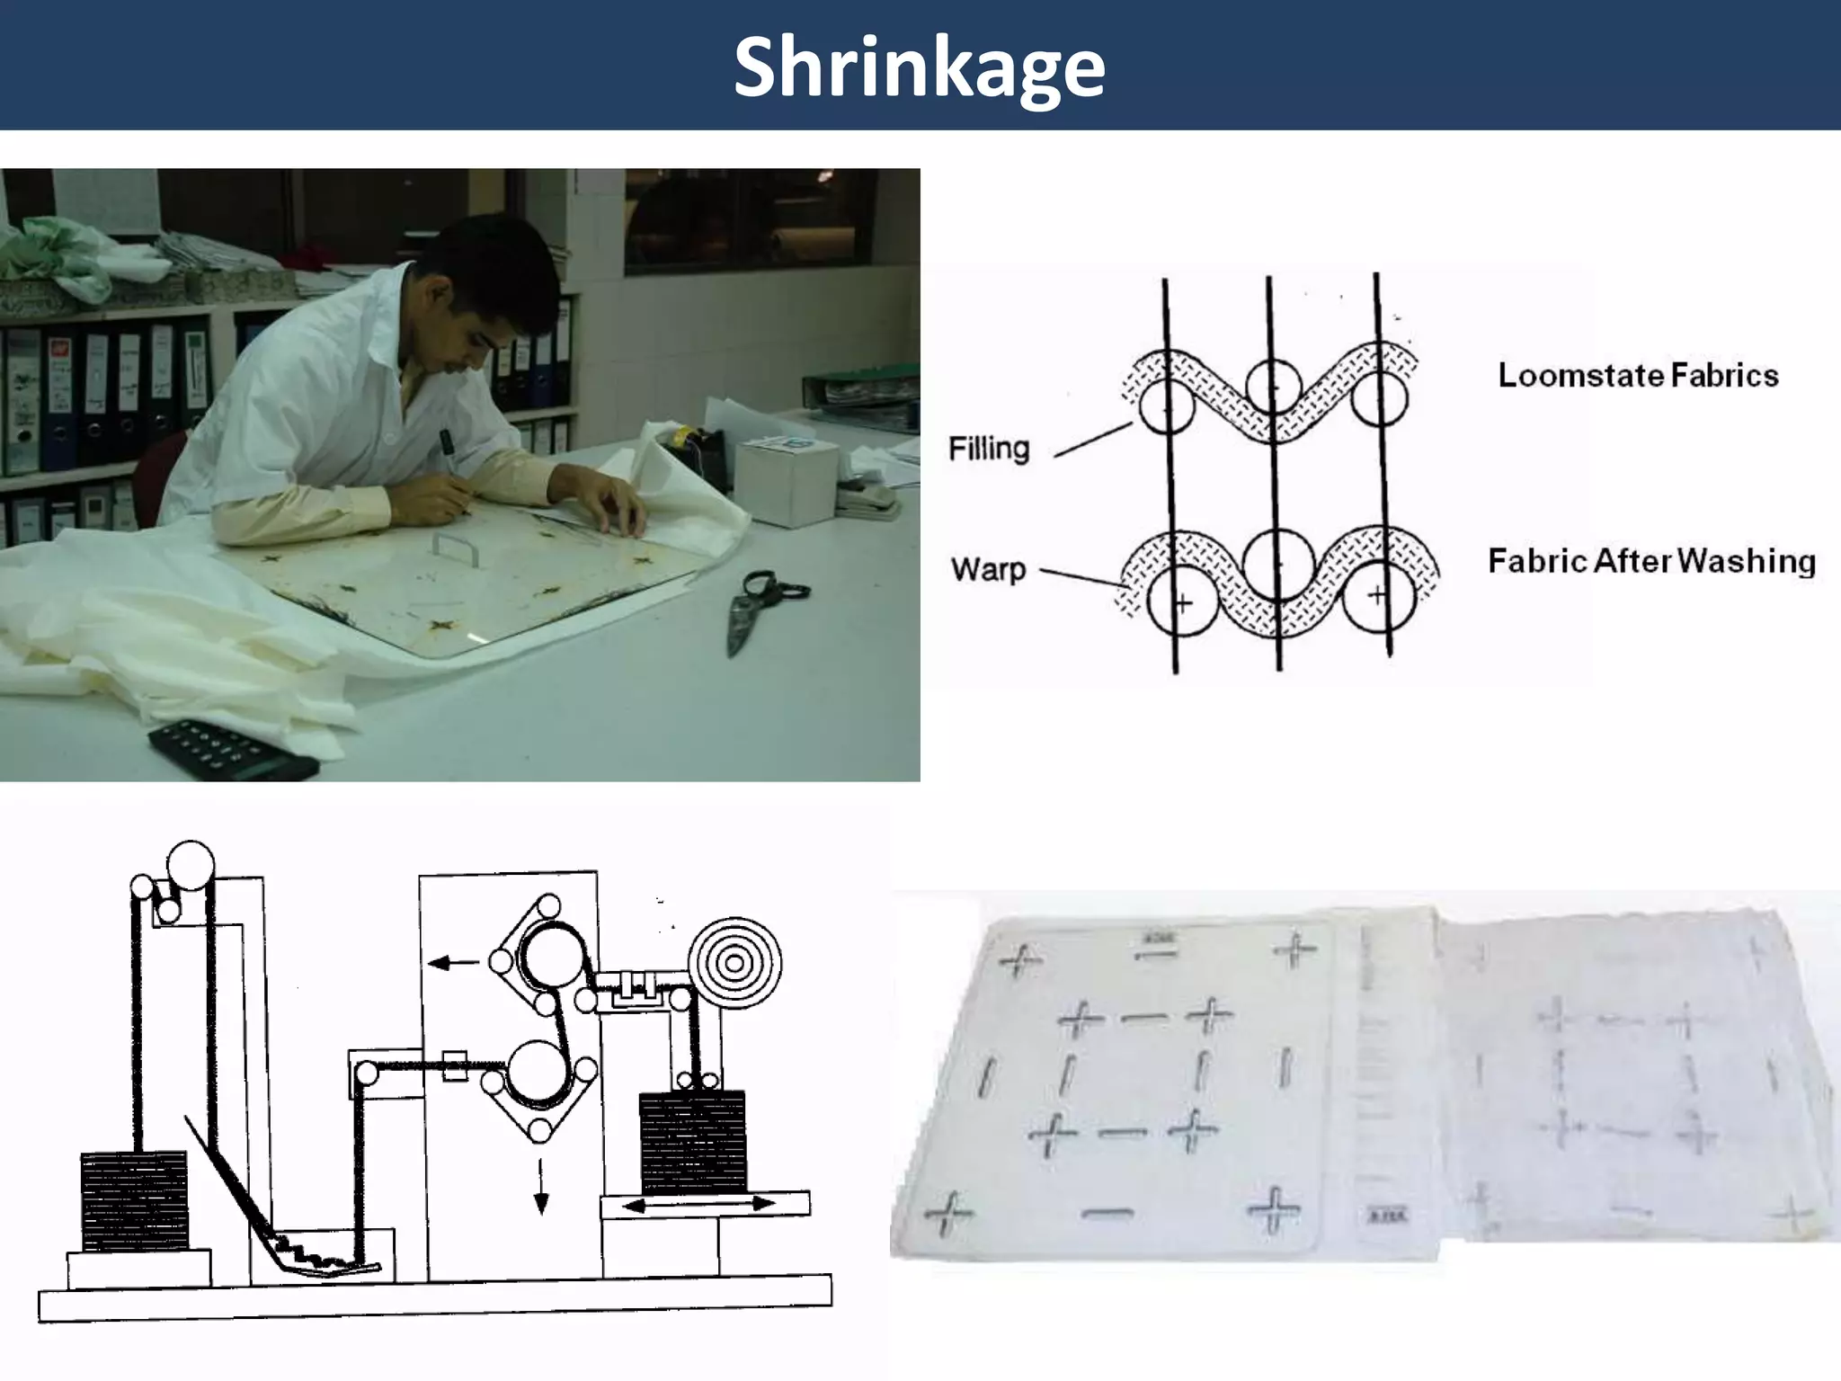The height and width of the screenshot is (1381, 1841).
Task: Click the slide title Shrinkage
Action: (919, 68)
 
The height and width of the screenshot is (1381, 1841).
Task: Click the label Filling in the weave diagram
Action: (989, 448)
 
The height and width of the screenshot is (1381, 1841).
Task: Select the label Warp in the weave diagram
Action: (988, 569)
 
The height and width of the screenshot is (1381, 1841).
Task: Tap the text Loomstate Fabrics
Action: (1638, 375)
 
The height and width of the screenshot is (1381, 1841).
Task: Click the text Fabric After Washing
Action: (1651, 561)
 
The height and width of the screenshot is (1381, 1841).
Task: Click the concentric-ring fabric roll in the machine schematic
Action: (734, 964)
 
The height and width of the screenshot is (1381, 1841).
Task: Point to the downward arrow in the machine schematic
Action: (540, 1186)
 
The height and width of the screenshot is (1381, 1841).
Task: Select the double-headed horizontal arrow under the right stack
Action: (698, 1204)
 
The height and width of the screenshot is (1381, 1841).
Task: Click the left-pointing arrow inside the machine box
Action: (453, 963)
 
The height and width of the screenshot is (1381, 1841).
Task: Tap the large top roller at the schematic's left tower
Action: (191, 865)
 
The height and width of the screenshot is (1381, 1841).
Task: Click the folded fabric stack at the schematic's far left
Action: (135, 1201)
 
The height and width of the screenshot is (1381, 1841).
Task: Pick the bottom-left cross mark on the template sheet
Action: (947, 1214)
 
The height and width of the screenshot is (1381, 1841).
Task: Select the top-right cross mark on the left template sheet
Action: (1294, 949)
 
